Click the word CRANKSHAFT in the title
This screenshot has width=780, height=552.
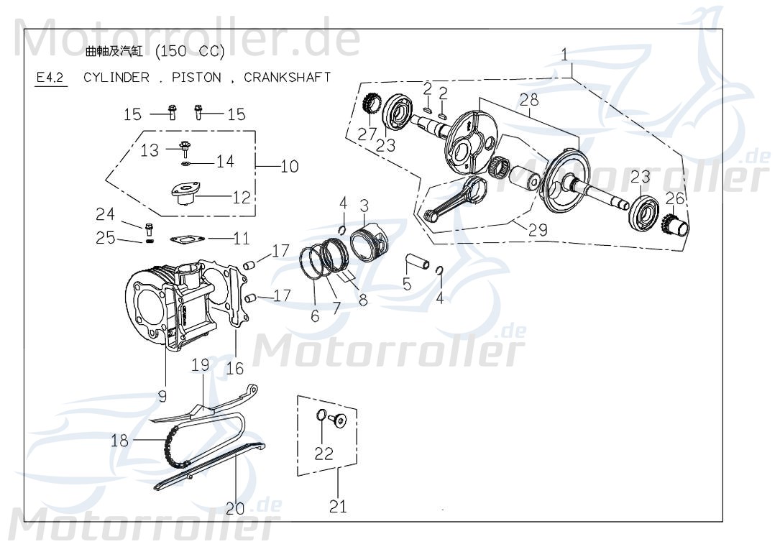point(288,78)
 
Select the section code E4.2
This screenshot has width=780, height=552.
point(50,78)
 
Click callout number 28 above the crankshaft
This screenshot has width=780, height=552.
point(529,101)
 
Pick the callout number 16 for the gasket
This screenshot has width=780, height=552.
point(234,369)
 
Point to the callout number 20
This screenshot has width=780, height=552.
point(234,509)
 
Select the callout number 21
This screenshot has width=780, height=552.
point(338,506)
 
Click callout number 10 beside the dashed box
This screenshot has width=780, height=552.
point(289,167)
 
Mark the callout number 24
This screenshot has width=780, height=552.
point(105,214)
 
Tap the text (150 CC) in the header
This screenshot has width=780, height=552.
point(191,52)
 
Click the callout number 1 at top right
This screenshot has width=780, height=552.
point(565,54)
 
